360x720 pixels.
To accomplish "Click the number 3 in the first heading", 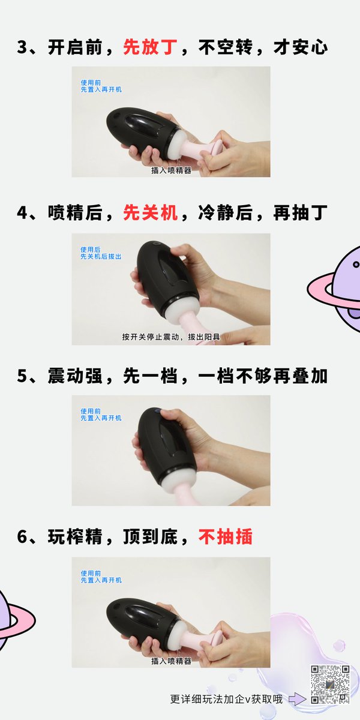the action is pyautogui.click(x=23, y=47).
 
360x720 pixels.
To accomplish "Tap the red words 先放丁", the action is pyautogui.click(x=150, y=47).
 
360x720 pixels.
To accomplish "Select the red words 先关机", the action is pyautogui.click(x=150, y=212).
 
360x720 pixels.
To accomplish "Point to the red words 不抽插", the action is pyautogui.click(x=226, y=536).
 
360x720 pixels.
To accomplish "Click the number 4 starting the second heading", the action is pyautogui.click(x=23, y=213).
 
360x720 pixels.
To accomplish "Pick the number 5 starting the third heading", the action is pyautogui.click(x=23, y=376).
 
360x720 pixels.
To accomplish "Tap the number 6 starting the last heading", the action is pyautogui.click(x=23, y=537).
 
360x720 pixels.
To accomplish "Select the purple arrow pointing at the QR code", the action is pyautogui.click(x=297, y=698).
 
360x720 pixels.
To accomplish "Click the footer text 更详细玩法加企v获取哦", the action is pyautogui.click(x=226, y=699).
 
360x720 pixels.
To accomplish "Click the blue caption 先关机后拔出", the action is pyautogui.click(x=101, y=257).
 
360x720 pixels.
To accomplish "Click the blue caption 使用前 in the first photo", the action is pyautogui.click(x=91, y=83).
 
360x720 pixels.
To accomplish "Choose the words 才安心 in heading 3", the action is pyautogui.click(x=301, y=47).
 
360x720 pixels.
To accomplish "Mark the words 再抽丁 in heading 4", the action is pyautogui.click(x=301, y=212).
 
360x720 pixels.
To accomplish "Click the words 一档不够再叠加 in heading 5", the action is pyautogui.click(x=263, y=376).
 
